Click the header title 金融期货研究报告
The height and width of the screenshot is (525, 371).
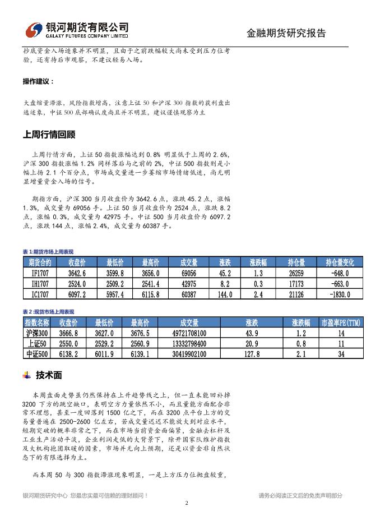[286, 33]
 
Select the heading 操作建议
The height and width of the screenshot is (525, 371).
[39, 81]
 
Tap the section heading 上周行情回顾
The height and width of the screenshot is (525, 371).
[49, 135]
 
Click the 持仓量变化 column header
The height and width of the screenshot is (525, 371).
[340, 262]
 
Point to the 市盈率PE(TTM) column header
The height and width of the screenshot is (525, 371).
[341, 323]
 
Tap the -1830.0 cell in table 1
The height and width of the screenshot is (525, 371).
[340, 294]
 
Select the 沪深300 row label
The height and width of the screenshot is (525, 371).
[37, 333]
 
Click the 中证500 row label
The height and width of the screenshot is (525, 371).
[37, 354]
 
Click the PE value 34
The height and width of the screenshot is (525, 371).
[341, 354]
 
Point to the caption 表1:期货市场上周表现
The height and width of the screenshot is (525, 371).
[48, 252]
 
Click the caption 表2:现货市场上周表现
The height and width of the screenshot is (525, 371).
[48, 312]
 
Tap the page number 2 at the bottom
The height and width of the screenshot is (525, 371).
[186, 503]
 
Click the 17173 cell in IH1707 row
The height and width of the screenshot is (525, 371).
[296, 284]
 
